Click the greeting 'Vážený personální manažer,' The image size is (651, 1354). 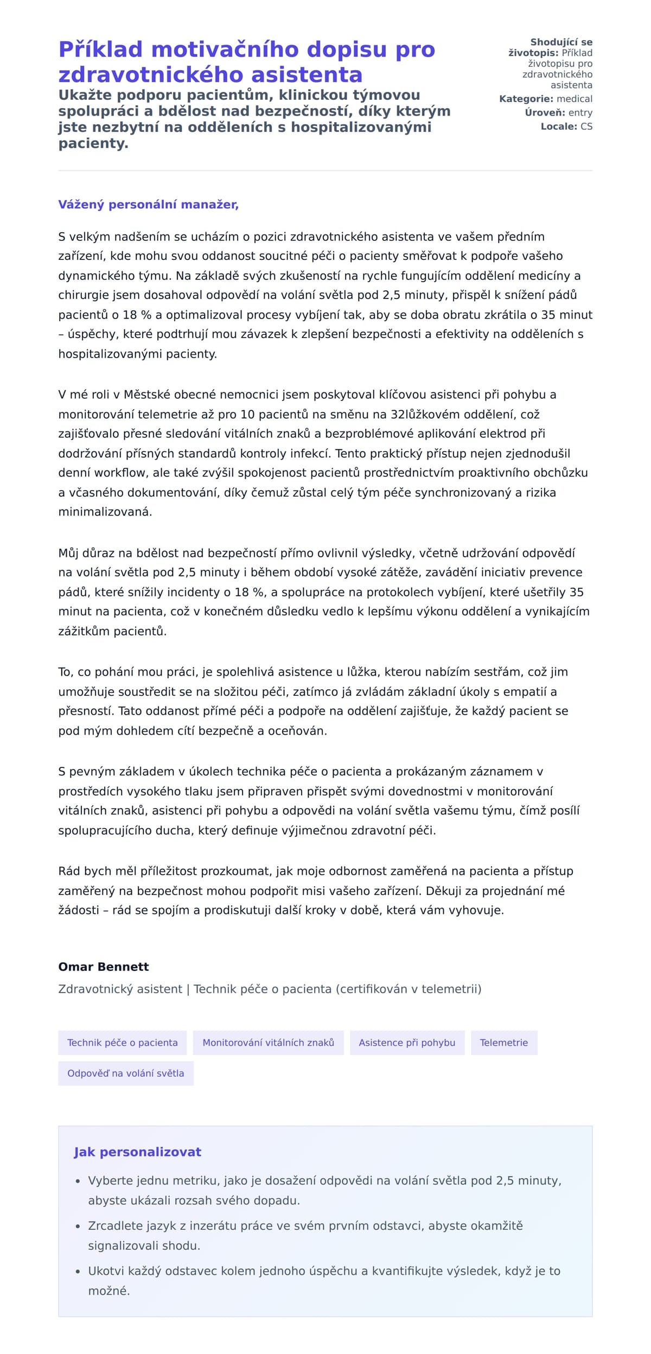pyautogui.click(x=148, y=205)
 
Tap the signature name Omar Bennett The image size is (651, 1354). pyautogui.click(x=104, y=967)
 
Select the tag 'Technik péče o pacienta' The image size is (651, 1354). pyautogui.click(x=122, y=1042)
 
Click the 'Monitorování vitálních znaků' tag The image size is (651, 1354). pyautogui.click(x=268, y=1042)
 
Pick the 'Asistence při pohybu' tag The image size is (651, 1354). pyautogui.click(x=407, y=1042)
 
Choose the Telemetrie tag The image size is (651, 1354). pyautogui.click(x=503, y=1042)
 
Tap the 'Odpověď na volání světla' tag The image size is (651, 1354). pyautogui.click(x=125, y=1073)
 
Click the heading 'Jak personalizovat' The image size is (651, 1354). pyautogui.click(x=137, y=1152)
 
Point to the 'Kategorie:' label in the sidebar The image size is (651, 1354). pyautogui.click(x=526, y=99)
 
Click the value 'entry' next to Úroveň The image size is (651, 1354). pyautogui.click(x=580, y=112)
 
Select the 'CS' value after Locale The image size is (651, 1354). pyautogui.click(x=586, y=126)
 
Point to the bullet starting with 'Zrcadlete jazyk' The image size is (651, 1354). pyautogui.click(x=305, y=1225)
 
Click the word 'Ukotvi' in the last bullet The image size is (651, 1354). pyautogui.click(x=106, y=1270)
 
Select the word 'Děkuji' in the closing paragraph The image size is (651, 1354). pyautogui.click(x=445, y=891)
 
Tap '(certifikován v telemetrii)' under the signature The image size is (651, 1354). pyautogui.click(x=409, y=989)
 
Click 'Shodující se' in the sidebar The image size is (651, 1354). pyautogui.click(x=561, y=42)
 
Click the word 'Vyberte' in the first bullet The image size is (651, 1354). pyautogui.click(x=107, y=1180)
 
